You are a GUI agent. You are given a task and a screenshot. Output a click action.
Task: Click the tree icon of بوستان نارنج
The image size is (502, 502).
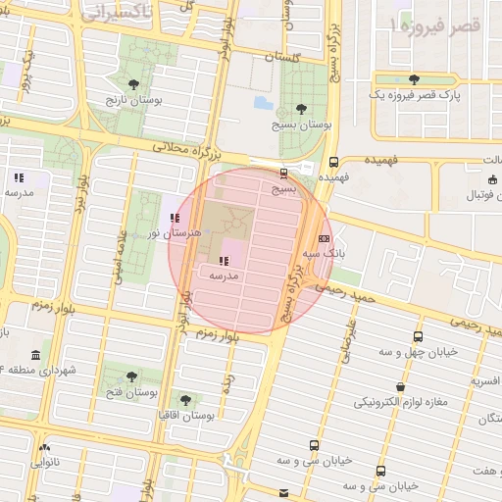[133, 85]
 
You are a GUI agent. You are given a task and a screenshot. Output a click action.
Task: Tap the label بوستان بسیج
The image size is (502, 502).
[303, 125]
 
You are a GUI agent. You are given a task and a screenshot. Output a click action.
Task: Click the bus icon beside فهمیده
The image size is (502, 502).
[334, 162]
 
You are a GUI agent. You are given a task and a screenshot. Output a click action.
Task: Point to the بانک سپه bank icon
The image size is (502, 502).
[324, 237]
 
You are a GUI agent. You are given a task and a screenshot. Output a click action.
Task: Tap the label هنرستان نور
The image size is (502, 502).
[174, 233]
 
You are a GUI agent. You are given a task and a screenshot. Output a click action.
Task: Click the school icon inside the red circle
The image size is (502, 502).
[224, 261]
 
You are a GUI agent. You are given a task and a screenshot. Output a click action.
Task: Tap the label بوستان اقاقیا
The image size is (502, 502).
[187, 416]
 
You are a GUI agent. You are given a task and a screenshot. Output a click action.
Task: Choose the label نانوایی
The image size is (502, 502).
[43, 460]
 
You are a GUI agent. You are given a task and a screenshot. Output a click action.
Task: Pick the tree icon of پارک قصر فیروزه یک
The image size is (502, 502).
[414, 79]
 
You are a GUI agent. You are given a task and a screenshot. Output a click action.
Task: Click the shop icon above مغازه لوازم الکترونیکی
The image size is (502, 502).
[400, 387]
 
